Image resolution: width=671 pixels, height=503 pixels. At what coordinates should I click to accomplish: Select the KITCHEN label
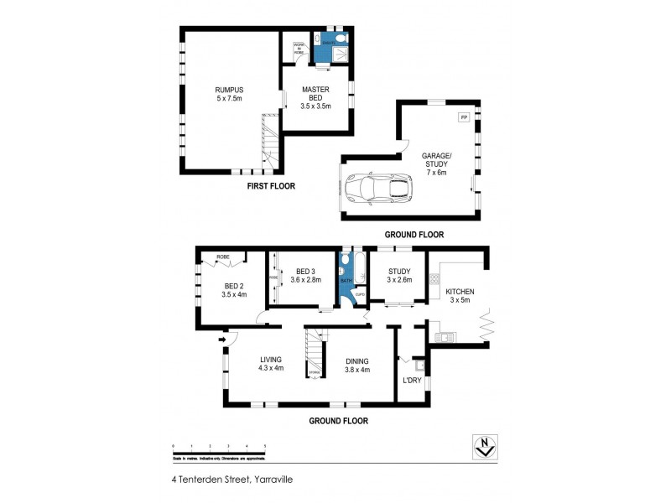(x=461, y=295)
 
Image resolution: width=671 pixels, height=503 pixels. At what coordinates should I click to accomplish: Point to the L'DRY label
(x=412, y=380)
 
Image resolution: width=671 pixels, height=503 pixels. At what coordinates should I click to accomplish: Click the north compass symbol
(x=482, y=448)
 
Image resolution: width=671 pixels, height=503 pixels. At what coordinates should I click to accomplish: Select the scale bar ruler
(x=219, y=449)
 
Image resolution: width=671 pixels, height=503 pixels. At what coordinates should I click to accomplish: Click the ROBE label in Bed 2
(x=223, y=256)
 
